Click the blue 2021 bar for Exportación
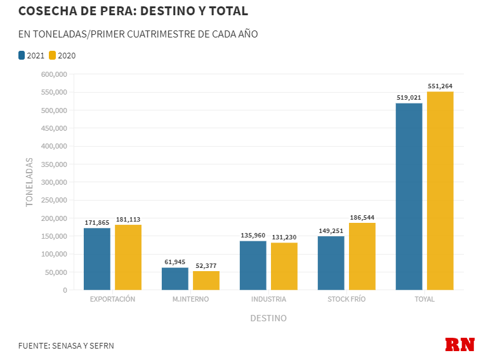97,259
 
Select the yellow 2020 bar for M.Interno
206,281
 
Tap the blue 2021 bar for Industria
253,265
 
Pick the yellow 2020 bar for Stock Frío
362,257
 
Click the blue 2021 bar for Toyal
409,197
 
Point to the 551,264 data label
440,86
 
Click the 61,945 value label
175,262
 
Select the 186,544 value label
362,217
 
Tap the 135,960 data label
253,235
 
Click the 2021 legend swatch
22,55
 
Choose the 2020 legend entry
62,55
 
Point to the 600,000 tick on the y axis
54,74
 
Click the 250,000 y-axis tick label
54,164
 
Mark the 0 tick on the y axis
64,290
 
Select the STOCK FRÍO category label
346,299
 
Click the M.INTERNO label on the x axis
190,299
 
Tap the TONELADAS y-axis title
29,182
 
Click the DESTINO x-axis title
268,318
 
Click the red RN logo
460,344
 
